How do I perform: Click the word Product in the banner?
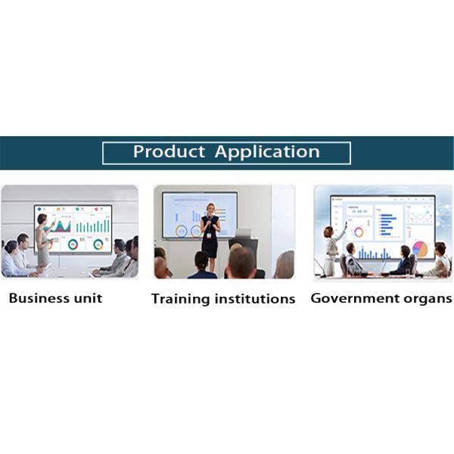pos(169,151)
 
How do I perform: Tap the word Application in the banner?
pos(267,152)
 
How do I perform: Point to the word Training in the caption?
pos(179,299)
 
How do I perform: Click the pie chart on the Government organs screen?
pos(420,248)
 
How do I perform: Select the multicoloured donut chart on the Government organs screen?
pos(359,232)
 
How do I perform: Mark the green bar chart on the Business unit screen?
pos(92,226)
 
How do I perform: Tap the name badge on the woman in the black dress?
pos(209,235)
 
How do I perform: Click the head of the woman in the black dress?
pos(210,208)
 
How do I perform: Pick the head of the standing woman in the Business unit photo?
pos(42,219)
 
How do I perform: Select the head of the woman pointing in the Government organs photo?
pos(329,232)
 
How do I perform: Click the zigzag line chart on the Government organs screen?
pos(420,216)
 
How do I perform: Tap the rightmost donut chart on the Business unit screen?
pos(98,244)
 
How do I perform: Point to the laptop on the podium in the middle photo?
pos(243,234)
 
